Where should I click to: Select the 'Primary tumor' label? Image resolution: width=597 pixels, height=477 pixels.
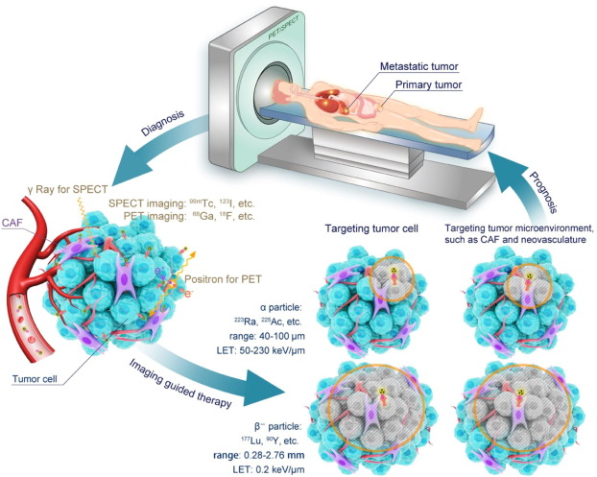pyautogui.click(x=426, y=83)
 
